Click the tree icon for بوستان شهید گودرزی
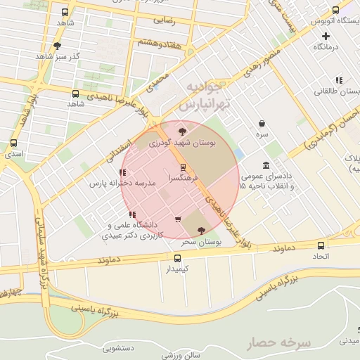pos(183,131)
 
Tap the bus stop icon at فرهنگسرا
pos(184,167)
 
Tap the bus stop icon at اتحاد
pos(321,245)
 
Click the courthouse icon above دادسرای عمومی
pos(266,165)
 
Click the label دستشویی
pos(118,347)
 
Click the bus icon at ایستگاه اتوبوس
pos(335,11)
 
